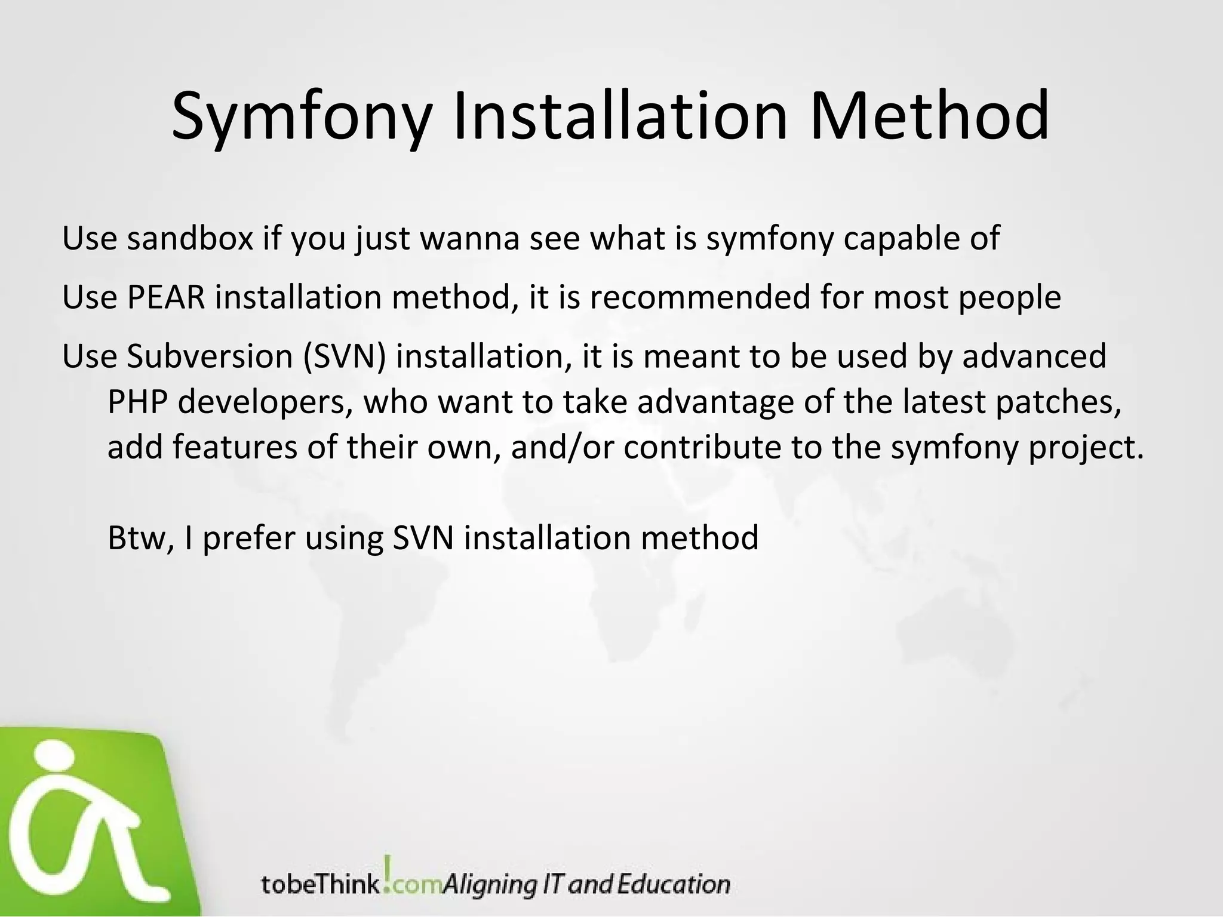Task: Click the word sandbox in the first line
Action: tap(190, 238)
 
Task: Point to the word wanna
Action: tap(470, 238)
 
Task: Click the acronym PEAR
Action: tap(166, 297)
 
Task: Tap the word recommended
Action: tap(699, 297)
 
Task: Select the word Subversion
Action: tap(209, 356)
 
